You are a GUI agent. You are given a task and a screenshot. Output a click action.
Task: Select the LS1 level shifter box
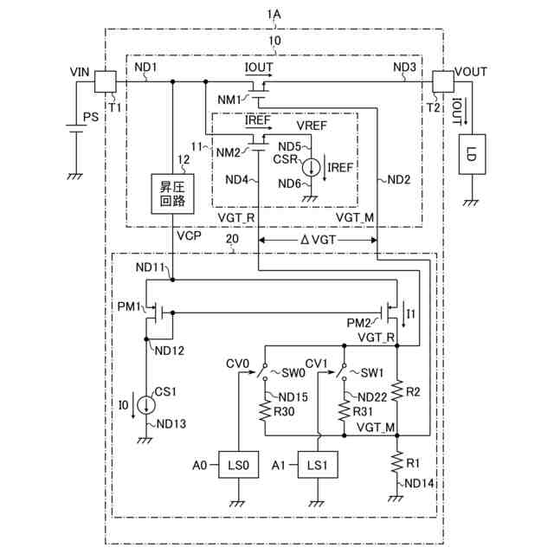[318, 465]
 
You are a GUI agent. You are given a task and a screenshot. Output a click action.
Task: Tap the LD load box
[472, 154]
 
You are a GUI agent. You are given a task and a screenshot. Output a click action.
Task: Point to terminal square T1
[106, 82]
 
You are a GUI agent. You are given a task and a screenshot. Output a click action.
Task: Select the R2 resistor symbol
[397, 390]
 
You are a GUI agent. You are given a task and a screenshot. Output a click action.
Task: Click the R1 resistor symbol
[397, 460]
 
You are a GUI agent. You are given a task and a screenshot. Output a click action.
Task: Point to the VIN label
[80, 74]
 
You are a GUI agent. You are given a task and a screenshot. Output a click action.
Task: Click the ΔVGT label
[318, 237]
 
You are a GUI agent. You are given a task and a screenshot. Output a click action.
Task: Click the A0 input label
[200, 465]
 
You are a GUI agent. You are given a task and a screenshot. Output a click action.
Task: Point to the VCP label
[187, 235]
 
